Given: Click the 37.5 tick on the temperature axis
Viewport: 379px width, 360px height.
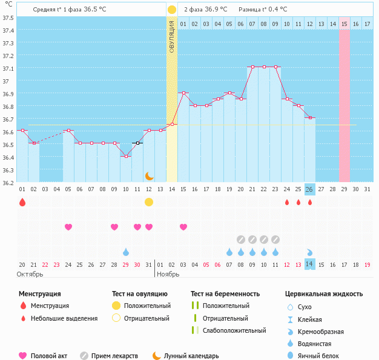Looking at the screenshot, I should pyautogui.click(x=8, y=18).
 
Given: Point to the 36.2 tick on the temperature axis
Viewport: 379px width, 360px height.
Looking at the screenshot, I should pyautogui.click(x=8, y=182).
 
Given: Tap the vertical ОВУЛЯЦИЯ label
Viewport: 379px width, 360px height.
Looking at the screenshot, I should pyautogui.click(x=172, y=36).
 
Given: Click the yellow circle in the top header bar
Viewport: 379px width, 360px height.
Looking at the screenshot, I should pyautogui.click(x=172, y=10).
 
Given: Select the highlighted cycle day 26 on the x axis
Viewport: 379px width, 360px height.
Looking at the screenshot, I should pyautogui.click(x=309, y=189).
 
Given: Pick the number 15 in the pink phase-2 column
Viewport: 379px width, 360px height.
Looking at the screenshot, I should pyautogui.click(x=344, y=24).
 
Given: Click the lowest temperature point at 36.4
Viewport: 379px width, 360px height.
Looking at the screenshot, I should pyautogui.click(x=126, y=156).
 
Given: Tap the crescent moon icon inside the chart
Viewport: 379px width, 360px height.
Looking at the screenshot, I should pyautogui.click(x=149, y=175).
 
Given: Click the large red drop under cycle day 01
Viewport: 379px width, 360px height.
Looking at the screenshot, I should pyautogui.click(x=22, y=202).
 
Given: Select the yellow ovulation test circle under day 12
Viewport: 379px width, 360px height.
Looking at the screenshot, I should pyautogui.click(x=149, y=202).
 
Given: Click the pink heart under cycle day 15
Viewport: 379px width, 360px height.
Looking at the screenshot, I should pyautogui.click(x=183, y=227).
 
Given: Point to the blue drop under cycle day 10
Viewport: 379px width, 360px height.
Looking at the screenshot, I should pyautogui.click(x=126, y=252).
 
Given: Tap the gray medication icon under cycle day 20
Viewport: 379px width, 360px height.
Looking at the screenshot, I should pyautogui.click(x=241, y=239).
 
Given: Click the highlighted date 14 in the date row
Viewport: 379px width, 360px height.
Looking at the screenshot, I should pyautogui.click(x=309, y=264).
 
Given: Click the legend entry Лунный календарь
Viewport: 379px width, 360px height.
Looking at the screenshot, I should pyautogui.click(x=190, y=356).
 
